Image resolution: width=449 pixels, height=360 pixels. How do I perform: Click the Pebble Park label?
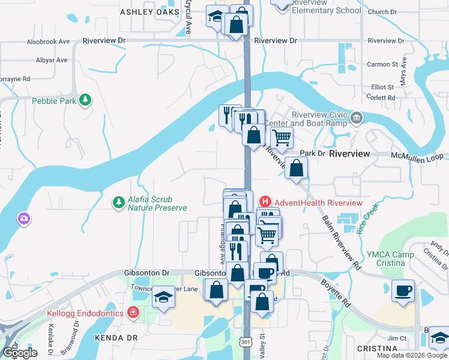tap(54, 101)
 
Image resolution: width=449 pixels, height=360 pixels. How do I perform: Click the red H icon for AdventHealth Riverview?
tap(264, 202)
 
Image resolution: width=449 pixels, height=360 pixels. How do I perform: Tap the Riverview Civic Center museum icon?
tap(357, 117)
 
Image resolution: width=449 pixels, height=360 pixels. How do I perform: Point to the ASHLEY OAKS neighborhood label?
tap(149, 12)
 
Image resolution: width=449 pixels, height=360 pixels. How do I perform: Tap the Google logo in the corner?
tap(19, 353)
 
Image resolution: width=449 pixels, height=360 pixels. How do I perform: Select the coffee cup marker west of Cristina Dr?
tap(403, 290)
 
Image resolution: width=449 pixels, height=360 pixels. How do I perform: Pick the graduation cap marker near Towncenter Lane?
tap(163, 297)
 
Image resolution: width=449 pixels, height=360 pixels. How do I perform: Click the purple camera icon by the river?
tap(24, 218)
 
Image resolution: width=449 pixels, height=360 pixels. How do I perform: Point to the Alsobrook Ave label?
tap(48, 42)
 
